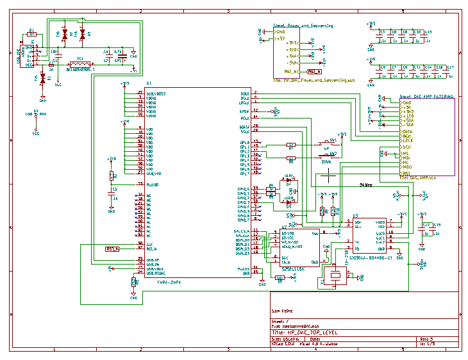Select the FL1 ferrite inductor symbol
click(x=80, y=63)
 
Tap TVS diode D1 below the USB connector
click(x=43, y=78)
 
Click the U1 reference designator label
click(x=149, y=83)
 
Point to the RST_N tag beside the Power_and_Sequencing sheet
click(x=313, y=71)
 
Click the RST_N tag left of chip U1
click(x=113, y=249)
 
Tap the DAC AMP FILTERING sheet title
click(x=426, y=95)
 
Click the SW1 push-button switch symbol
click(x=333, y=143)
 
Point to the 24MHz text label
click(x=366, y=184)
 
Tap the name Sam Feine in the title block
click(x=283, y=310)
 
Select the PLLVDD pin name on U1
click(x=153, y=184)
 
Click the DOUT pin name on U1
click(x=245, y=93)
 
